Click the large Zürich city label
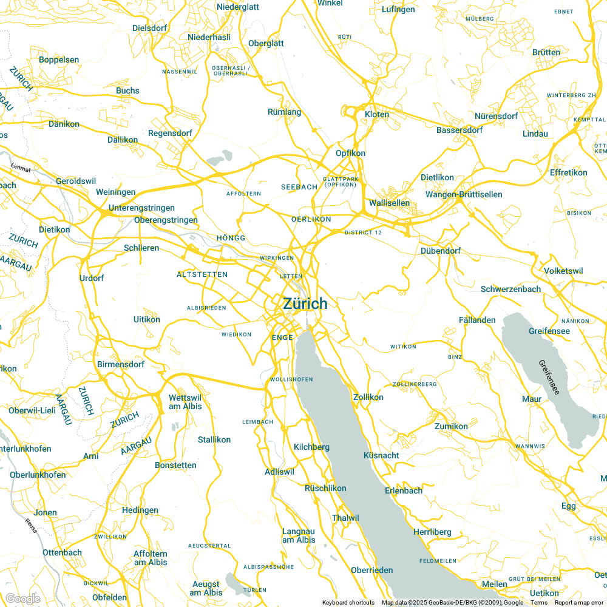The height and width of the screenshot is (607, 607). (x=305, y=304)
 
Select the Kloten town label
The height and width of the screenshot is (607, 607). (x=377, y=114)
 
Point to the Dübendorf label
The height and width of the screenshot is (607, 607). (x=441, y=251)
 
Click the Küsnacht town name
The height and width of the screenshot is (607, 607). (x=381, y=455)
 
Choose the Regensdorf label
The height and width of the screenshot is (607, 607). (x=170, y=133)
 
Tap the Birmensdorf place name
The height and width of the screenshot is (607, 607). (x=121, y=365)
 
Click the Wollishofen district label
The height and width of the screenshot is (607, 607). (x=291, y=379)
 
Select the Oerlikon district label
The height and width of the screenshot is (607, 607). (x=311, y=219)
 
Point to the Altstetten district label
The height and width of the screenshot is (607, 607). (x=202, y=274)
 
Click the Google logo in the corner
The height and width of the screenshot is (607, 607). (x=22, y=599)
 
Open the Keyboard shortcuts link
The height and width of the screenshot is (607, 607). (x=348, y=603)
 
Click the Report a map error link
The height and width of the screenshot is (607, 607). (x=580, y=603)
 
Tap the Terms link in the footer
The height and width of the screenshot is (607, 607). (x=539, y=603)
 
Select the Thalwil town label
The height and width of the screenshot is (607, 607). (x=346, y=518)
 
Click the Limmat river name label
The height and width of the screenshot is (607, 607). (x=20, y=167)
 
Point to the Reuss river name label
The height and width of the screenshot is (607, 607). (x=31, y=525)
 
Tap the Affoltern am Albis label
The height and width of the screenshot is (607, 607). (x=151, y=558)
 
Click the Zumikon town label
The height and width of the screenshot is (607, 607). (x=451, y=426)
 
